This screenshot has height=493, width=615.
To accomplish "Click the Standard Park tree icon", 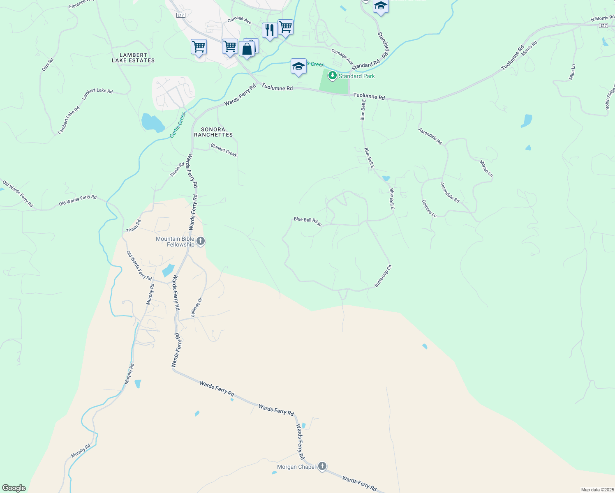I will (x=333, y=76).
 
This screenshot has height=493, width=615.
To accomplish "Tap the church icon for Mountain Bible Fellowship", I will (x=201, y=241).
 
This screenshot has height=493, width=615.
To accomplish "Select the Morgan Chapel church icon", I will (x=322, y=466).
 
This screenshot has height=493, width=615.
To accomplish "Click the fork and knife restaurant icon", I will (x=269, y=30).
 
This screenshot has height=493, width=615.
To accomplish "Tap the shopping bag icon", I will (x=247, y=49).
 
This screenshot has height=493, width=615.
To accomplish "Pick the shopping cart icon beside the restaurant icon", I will (x=285, y=28).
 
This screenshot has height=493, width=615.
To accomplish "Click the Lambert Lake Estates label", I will (x=133, y=58).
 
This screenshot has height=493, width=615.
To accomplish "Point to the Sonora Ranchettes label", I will (x=213, y=132).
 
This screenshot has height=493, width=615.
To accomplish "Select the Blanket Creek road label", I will (x=224, y=150).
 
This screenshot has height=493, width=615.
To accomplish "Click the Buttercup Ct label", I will (x=383, y=276).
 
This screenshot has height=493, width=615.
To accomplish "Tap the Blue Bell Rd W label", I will (x=307, y=221).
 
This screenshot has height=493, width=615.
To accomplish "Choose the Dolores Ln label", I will (x=429, y=208).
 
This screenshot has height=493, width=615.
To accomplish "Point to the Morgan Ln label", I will (x=486, y=168).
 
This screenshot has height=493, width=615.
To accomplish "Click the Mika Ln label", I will (x=572, y=72).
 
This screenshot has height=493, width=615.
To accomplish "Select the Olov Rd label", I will (x=48, y=65).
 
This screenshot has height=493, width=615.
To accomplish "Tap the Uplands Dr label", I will (x=197, y=307).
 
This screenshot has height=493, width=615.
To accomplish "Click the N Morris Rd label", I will (x=602, y=18).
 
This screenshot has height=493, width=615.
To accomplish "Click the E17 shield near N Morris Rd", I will (x=603, y=25).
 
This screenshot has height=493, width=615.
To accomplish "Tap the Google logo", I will (x=14, y=488).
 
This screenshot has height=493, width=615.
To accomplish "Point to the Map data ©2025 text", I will (x=597, y=490).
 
